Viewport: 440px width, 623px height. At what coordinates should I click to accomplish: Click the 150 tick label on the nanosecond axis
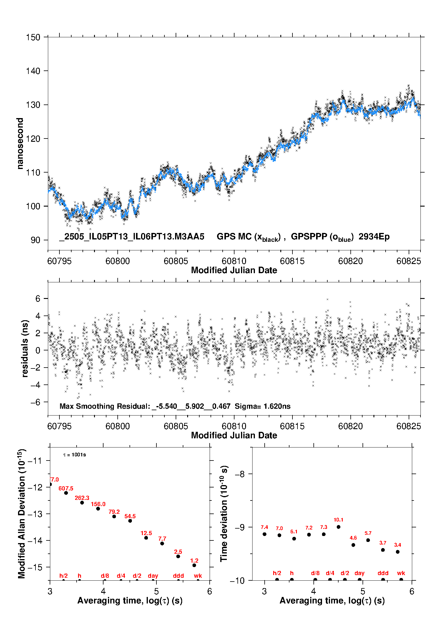click(x=33, y=37)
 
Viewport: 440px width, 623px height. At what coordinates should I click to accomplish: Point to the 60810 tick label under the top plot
click(x=234, y=261)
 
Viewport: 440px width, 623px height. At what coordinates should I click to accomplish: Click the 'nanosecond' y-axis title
click(x=20, y=143)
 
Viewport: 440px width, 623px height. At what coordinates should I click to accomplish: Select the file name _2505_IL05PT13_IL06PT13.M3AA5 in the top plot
click(x=132, y=236)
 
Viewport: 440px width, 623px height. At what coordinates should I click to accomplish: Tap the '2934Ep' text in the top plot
click(x=374, y=236)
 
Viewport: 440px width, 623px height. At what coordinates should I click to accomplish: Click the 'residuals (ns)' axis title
click(x=25, y=348)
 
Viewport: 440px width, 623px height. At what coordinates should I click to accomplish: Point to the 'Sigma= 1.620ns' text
click(x=263, y=406)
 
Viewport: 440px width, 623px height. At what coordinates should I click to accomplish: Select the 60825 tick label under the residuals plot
click(x=409, y=426)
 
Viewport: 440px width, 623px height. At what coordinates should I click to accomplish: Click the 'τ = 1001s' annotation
click(x=75, y=455)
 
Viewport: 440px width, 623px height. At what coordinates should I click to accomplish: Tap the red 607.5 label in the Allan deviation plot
click(x=66, y=488)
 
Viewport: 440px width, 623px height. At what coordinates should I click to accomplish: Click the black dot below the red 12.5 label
click(x=146, y=538)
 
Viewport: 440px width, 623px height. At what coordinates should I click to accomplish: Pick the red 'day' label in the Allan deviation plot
click(x=153, y=576)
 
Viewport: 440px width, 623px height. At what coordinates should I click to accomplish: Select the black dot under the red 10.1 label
click(x=339, y=527)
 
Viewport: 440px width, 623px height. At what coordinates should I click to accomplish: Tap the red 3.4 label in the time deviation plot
click(x=397, y=545)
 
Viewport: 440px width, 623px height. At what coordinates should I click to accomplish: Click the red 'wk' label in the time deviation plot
click(x=401, y=573)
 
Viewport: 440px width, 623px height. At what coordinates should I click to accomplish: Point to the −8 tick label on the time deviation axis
click(x=240, y=474)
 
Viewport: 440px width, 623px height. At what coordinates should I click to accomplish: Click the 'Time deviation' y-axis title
click(x=224, y=514)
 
